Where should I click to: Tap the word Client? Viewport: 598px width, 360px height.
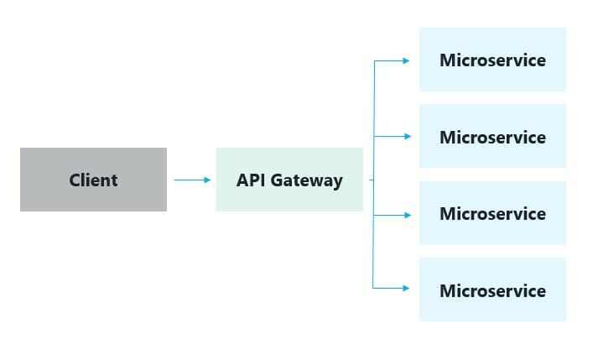coord(93,180)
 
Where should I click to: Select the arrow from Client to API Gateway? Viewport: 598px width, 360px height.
coord(191,180)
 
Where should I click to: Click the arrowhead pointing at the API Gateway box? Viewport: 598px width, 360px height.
coord(207,180)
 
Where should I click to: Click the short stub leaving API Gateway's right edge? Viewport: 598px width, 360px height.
coord(370,180)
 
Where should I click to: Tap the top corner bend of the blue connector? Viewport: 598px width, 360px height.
coord(374,60)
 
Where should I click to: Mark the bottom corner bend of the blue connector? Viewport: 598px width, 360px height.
coord(374,289)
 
